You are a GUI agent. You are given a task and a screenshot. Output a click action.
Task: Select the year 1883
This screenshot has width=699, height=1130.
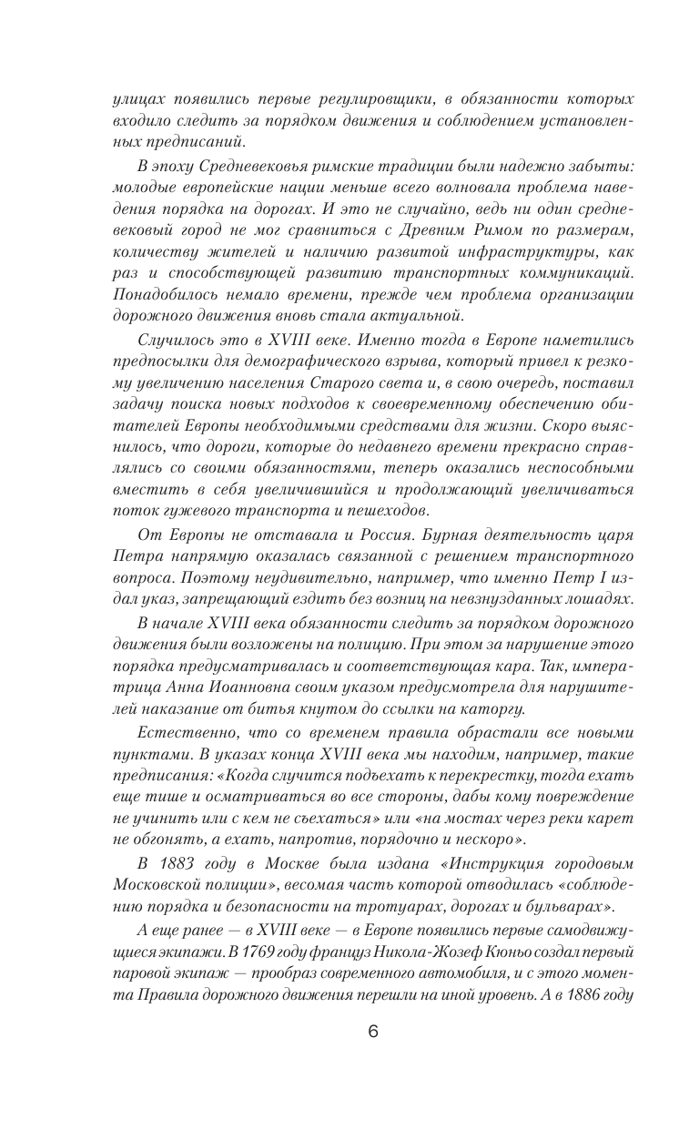[x=182, y=862]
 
